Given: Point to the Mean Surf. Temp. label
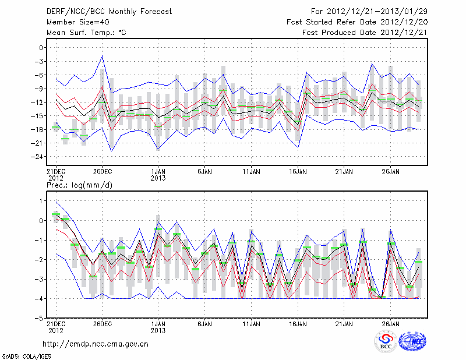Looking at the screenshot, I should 86,33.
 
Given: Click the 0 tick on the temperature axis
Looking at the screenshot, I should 40,48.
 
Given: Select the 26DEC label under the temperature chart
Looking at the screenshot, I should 103,172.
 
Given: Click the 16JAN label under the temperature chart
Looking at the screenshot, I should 298,172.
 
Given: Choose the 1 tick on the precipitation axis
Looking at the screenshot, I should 40,201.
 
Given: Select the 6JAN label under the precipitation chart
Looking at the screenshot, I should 204,324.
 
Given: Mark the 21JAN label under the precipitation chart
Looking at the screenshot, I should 344,324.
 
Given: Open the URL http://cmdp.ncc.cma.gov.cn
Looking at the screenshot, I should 96,344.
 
